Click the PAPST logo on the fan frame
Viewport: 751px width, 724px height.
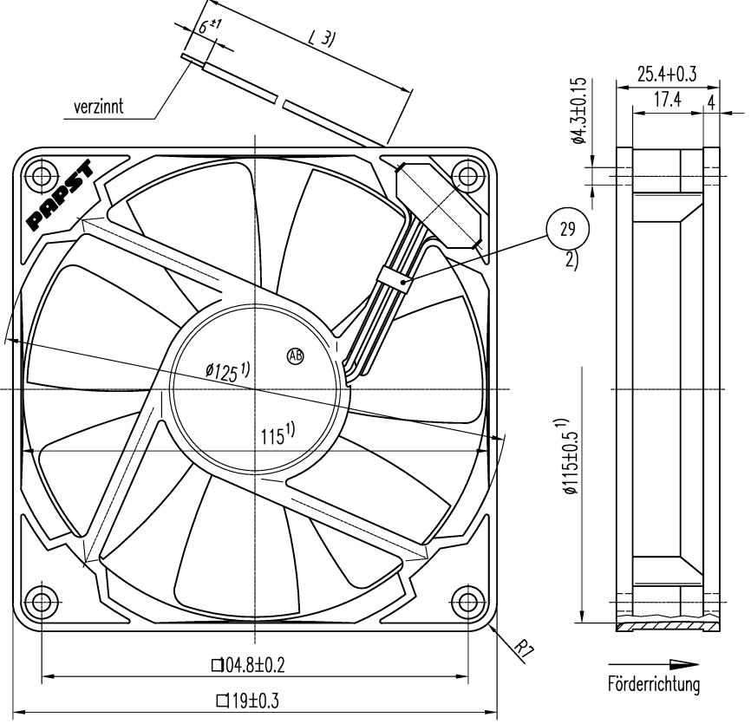tap(65, 195)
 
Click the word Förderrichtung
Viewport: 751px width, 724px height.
tap(654, 686)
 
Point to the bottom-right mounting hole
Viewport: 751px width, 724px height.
tap(468, 600)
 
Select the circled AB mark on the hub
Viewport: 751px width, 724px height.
tap(296, 355)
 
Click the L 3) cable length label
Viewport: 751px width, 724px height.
tap(321, 39)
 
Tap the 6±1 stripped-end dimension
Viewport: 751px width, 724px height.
tap(206, 29)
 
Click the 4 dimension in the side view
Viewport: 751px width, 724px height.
tap(711, 101)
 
